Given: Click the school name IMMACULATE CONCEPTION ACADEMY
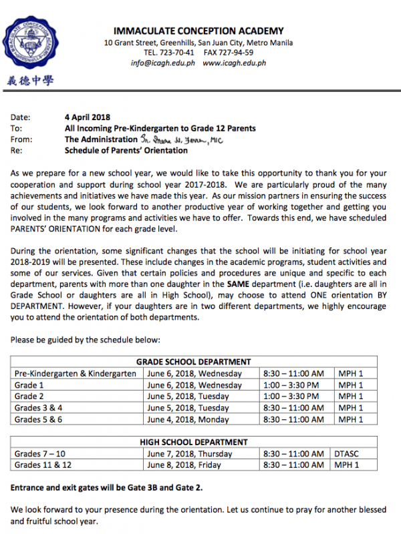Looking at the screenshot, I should click(x=198, y=31).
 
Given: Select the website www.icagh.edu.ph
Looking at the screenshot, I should click(x=234, y=63).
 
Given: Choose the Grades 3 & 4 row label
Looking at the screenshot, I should click(x=39, y=408).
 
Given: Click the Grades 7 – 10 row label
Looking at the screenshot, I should click(x=41, y=454).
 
